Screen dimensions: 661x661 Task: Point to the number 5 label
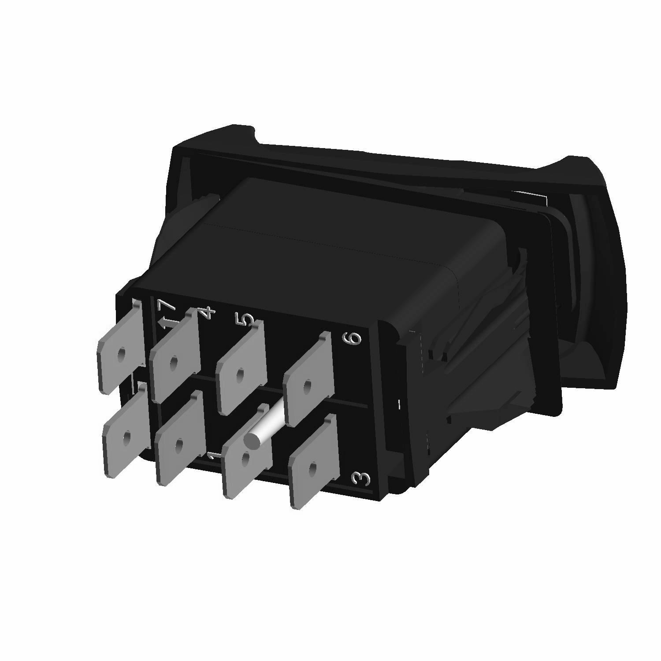(x=248, y=319)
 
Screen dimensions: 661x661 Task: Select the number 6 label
(x=355, y=338)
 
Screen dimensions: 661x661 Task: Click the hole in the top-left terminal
(x=121, y=354)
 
